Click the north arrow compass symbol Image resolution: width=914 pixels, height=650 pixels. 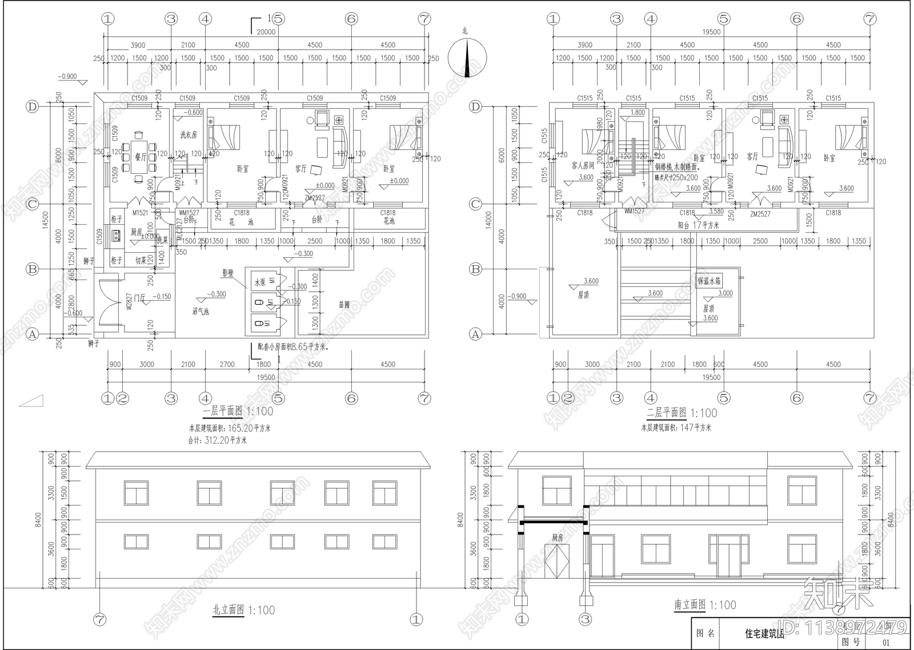tap(468, 58)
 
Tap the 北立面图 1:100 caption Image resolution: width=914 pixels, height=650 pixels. tap(243, 610)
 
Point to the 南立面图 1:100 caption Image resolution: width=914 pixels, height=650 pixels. tap(705, 605)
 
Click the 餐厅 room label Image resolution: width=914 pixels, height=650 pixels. tap(141, 157)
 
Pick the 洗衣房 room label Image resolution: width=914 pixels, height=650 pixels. tap(189, 135)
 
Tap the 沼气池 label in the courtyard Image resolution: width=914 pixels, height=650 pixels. tap(201, 312)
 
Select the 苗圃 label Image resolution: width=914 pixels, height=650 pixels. tap(344, 305)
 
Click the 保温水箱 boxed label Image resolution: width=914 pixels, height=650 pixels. tap(709, 281)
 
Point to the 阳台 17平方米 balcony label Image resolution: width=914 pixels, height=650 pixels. tap(698, 225)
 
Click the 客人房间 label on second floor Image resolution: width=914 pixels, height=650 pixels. tap(583, 165)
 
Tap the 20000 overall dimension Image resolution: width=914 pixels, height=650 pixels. tap(266, 32)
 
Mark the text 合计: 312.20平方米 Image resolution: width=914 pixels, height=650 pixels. tap(218, 440)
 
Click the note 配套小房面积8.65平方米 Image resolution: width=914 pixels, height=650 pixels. tap(292, 346)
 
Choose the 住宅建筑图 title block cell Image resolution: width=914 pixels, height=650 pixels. tap(764, 633)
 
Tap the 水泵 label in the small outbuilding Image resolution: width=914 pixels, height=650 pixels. tap(260, 282)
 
